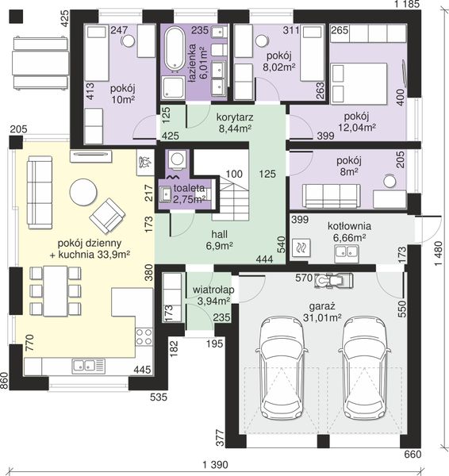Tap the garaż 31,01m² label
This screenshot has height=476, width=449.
click(322, 312)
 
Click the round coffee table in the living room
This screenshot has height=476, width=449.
click(83, 193)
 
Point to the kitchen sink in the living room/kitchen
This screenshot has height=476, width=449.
click(88, 366)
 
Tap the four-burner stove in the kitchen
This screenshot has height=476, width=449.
click(144, 336)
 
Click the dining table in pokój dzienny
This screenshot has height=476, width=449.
click(56, 291)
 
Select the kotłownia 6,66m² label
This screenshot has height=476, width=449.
click(349, 232)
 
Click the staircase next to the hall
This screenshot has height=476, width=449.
click(230, 198)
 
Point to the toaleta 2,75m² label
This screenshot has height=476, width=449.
click(189, 194)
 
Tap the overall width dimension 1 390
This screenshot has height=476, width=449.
click(215, 464)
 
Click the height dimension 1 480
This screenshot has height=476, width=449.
click(439, 254)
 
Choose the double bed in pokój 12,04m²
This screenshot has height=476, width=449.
click(359, 83)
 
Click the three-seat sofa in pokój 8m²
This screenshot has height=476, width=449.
click(332, 196)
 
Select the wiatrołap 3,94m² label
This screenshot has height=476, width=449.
click(213, 295)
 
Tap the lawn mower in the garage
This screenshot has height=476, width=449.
click(334, 281)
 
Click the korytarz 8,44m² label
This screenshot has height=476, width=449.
click(235, 123)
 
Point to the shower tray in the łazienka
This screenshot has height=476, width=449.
click(173, 88)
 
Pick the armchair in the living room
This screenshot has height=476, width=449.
click(107, 216)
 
